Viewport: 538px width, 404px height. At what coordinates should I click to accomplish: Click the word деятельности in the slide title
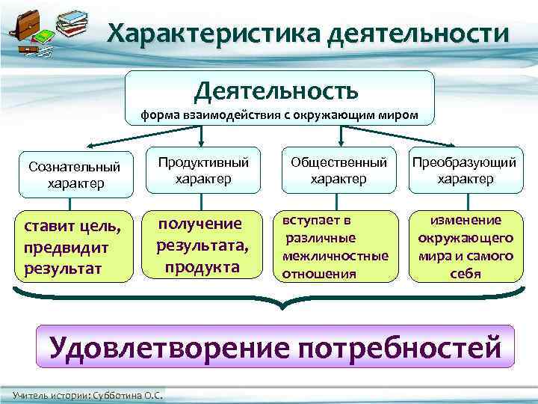pos(418,34)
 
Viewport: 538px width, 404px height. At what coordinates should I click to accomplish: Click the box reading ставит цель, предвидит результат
pos(68,246)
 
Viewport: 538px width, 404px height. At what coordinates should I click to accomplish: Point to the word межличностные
pos(336,256)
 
